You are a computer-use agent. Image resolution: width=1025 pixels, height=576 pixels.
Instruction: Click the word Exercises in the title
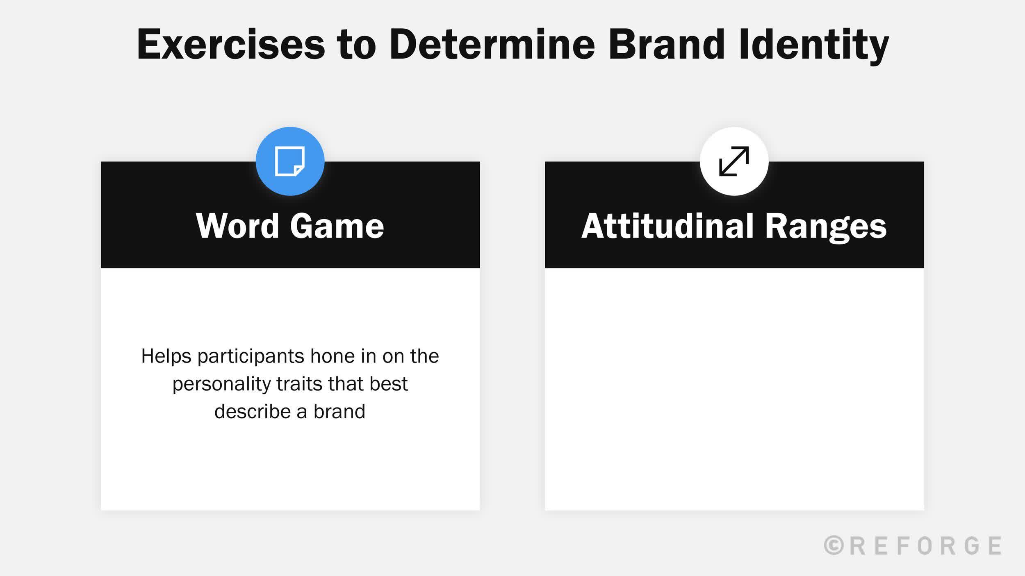231,44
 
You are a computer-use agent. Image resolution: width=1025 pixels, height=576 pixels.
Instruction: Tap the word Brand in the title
667,44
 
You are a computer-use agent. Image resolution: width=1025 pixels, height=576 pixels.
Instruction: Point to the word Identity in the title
813,44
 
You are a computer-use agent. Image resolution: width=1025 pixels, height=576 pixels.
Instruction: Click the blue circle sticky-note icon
290,161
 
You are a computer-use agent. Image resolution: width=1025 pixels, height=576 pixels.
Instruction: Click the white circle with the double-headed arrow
734,161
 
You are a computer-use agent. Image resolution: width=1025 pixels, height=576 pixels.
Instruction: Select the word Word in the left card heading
237,226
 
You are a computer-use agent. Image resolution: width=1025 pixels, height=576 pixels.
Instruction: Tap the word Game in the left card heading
337,226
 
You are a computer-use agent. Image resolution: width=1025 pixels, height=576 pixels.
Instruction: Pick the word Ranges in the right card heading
825,226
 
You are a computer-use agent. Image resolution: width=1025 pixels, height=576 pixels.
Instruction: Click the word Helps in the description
166,356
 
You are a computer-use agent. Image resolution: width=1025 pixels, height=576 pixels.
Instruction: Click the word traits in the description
299,383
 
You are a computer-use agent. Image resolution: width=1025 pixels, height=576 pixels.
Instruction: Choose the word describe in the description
255,411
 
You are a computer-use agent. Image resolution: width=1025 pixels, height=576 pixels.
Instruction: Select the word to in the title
356,44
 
